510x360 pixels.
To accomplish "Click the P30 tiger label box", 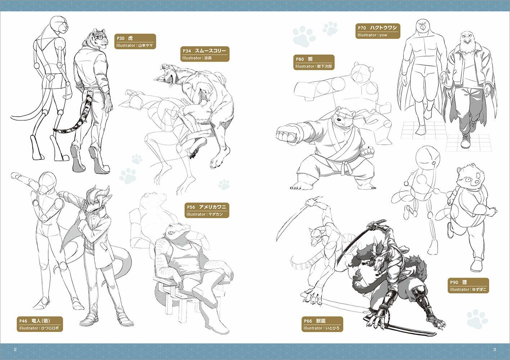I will point(135,41).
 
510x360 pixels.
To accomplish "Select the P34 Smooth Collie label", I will point(205,54).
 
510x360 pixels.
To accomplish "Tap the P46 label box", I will point(40,324).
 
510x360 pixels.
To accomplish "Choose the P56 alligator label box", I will point(207,211).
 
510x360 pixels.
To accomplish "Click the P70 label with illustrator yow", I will point(377,31).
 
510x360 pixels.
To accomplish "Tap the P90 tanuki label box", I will point(468,285).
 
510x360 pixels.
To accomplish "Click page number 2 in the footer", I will point(15,350).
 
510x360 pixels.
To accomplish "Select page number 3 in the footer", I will point(495,350).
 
